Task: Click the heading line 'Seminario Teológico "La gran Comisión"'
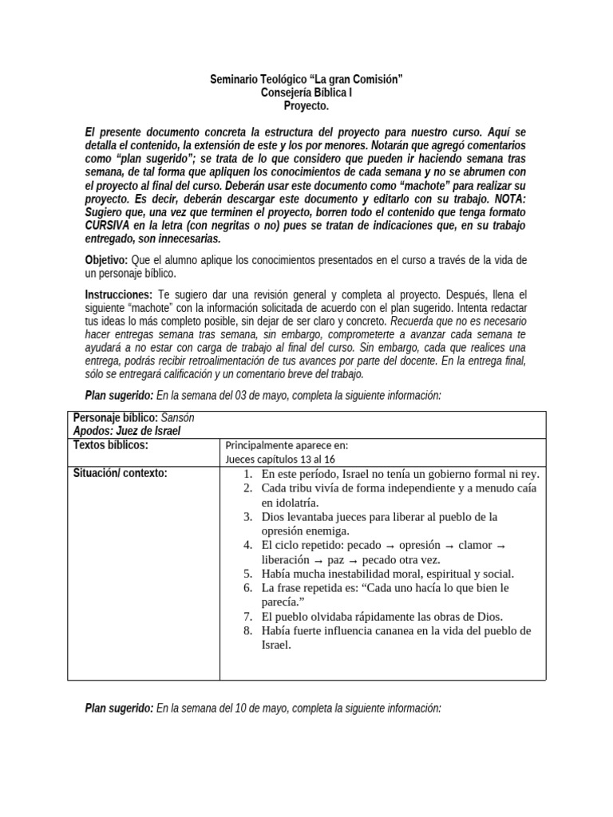click(306, 80)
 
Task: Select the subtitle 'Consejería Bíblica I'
click(306, 93)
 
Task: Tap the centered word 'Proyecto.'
click(306, 105)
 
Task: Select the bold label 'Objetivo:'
click(106, 261)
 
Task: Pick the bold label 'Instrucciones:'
click(119, 294)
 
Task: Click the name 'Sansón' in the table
click(178, 418)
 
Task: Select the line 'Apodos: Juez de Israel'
click(127, 431)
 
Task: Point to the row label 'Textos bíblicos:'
click(111, 445)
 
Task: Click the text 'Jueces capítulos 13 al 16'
click(280, 459)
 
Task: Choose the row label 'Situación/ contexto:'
click(121, 473)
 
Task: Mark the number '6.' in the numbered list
click(248, 588)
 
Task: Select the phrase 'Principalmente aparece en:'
click(287, 446)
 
